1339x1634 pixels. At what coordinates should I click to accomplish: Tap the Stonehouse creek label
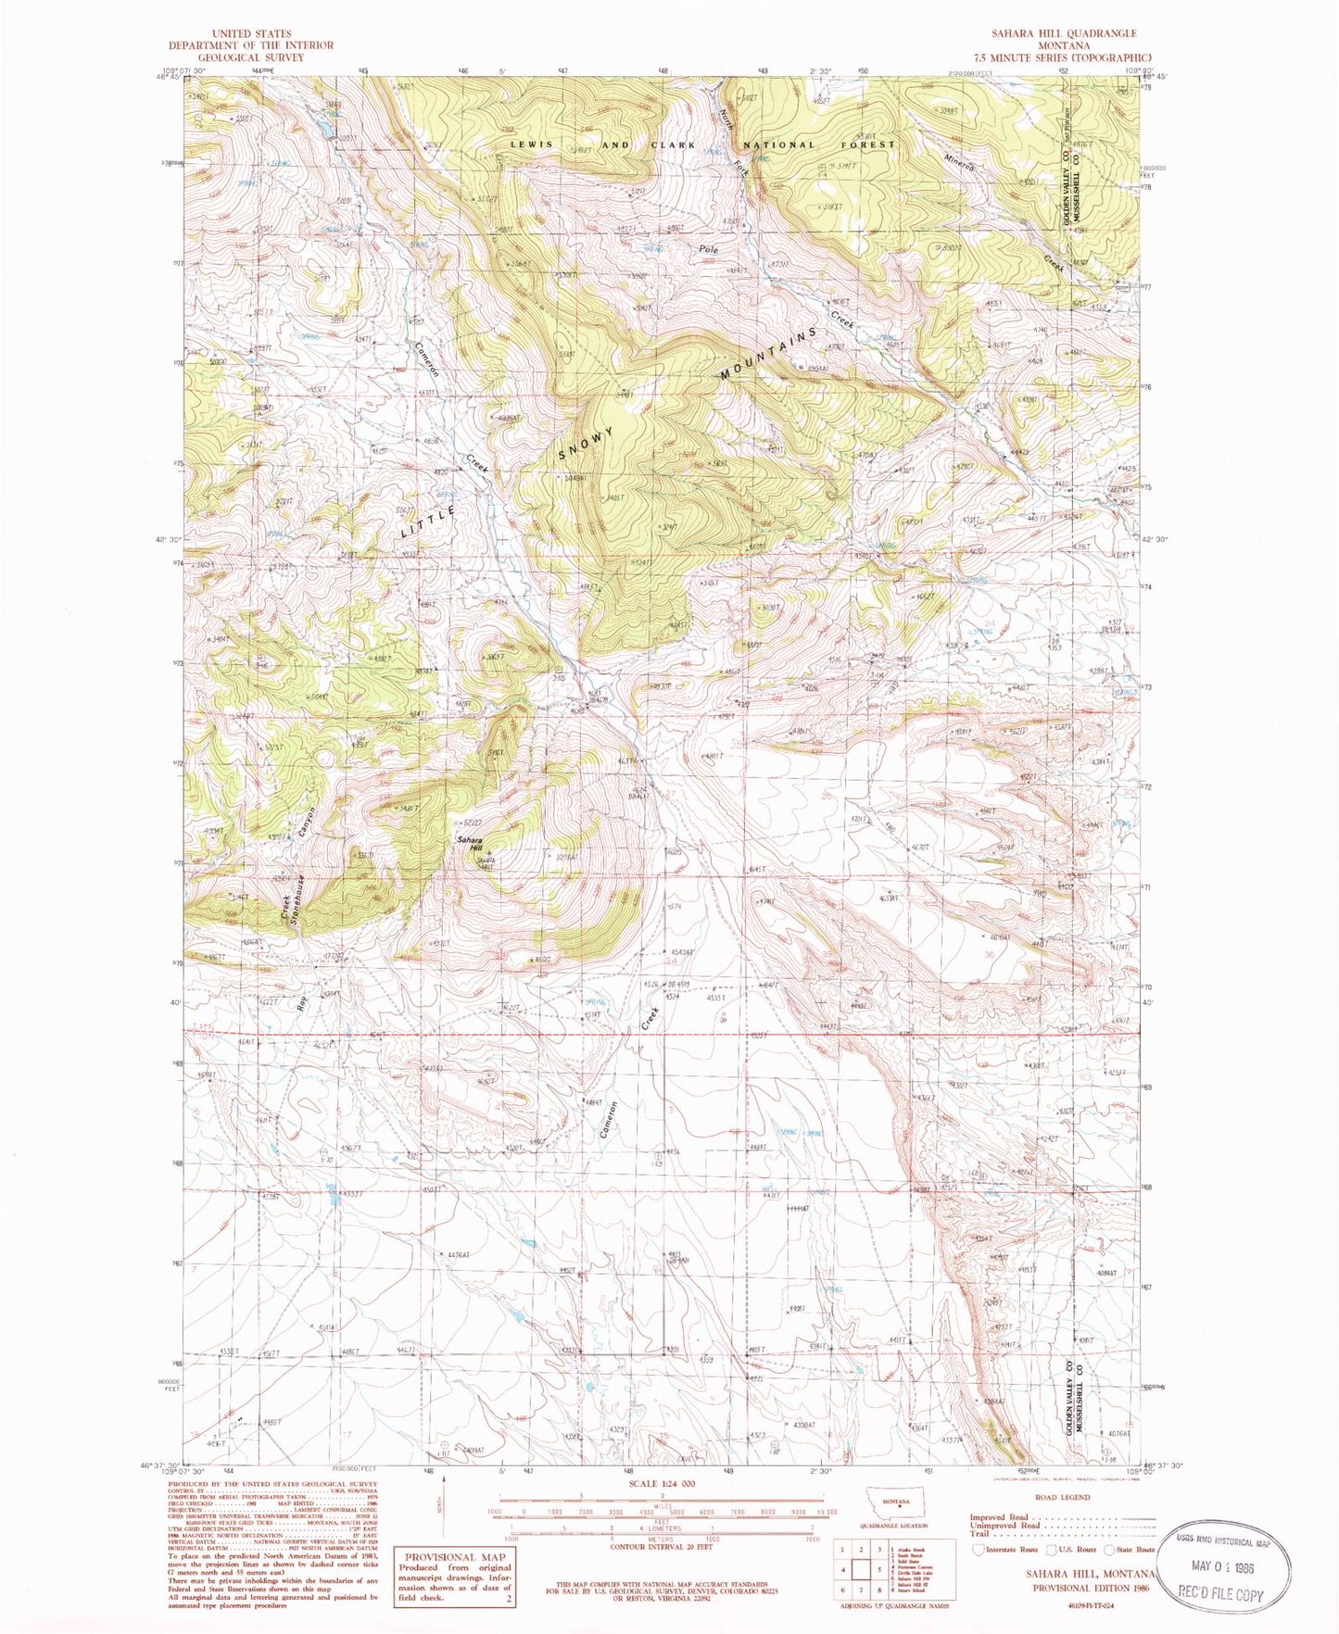[299, 894]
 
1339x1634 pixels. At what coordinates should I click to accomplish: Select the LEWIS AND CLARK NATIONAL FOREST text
[702, 145]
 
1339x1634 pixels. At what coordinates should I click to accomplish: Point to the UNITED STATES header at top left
[251, 33]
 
